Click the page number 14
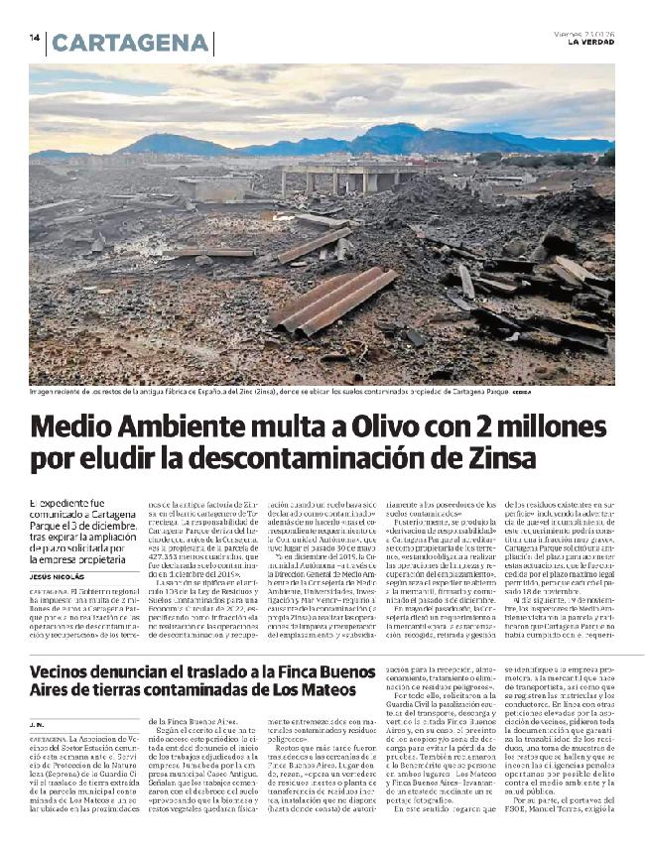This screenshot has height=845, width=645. click(34, 38)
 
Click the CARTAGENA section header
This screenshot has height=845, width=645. click(130, 44)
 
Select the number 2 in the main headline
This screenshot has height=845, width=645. click(452, 426)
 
